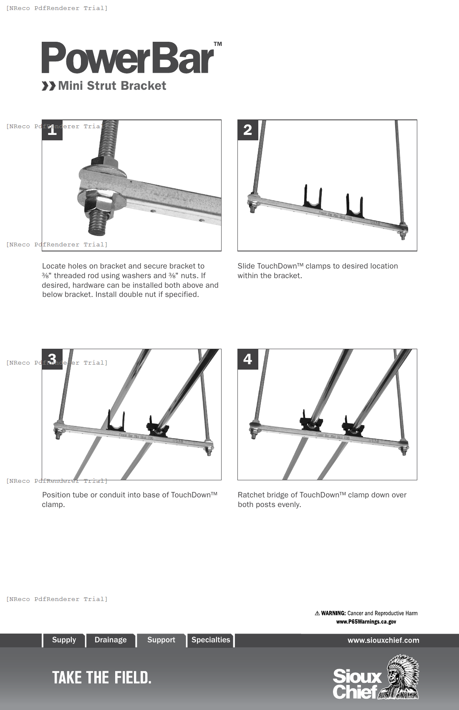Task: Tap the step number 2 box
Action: (248, 130)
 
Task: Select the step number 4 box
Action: (248, 359)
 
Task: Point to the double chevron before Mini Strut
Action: (48, 86)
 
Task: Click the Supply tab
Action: (64, 640)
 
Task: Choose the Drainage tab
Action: (111, 640)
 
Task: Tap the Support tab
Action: (161, 640)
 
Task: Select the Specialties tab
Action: (211, 640)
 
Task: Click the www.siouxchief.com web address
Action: (383, 640)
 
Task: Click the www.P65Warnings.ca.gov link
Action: (366, 621)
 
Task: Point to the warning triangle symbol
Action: (317, 613)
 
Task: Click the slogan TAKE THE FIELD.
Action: (101, 677)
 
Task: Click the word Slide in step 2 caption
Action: (246, 266)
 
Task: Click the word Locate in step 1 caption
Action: (53, 266)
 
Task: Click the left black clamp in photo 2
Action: (313, 198)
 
